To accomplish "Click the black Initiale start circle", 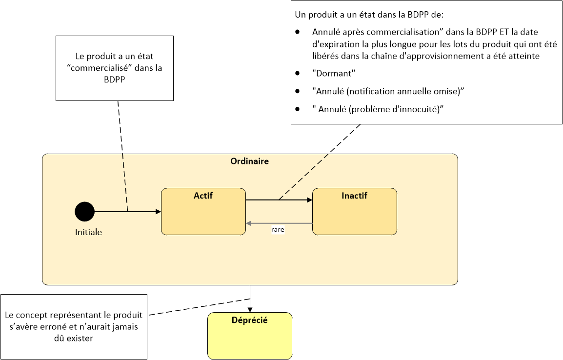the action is [x=85, y=211].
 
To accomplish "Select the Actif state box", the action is [x=203, y=211].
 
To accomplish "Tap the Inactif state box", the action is [x=354, y=211].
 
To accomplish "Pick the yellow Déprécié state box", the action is [x=250, y=336].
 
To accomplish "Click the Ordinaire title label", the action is [x=249, y=161].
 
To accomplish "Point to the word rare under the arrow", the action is [x=278, y=229].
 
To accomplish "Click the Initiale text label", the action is [x=88, y=232].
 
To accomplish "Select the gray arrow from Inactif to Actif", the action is [x=279, y=223].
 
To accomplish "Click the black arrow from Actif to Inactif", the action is [x=279, y=200].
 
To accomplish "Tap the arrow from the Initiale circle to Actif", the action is [x=128, y=212].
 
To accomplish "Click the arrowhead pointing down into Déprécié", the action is [x=250, y=310].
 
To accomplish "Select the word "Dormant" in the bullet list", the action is [x=334, y=74].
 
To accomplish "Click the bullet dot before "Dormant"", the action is [x=297, y=73].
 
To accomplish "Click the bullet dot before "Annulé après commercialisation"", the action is [x=297, y=32].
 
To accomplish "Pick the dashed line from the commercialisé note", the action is [x=123, y=157].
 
